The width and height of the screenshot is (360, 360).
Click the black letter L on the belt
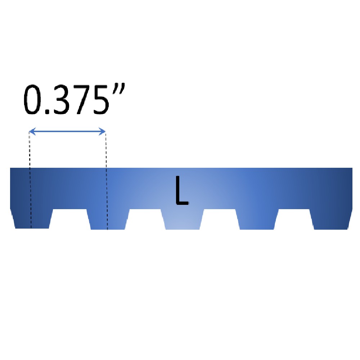tap(181, 191)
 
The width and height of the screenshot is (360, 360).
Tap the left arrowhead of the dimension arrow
tap(31, 132)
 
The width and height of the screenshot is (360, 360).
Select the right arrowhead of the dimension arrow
tap(103, 132)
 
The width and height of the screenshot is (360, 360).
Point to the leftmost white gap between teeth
tap(69, 220)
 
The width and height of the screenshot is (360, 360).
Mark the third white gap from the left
tap(220, 220)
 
